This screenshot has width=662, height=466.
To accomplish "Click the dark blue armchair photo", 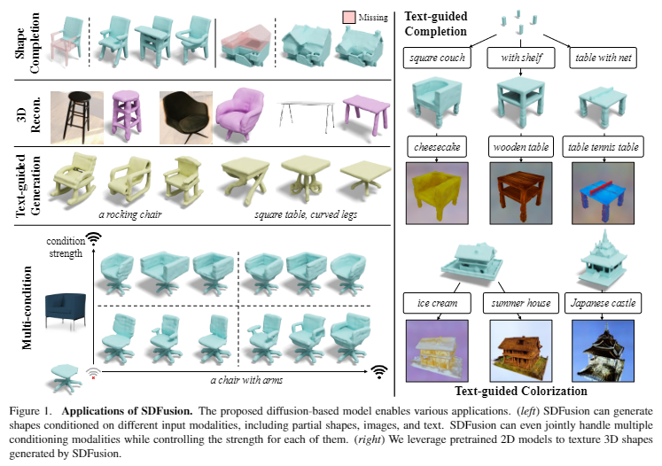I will point(66,308).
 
